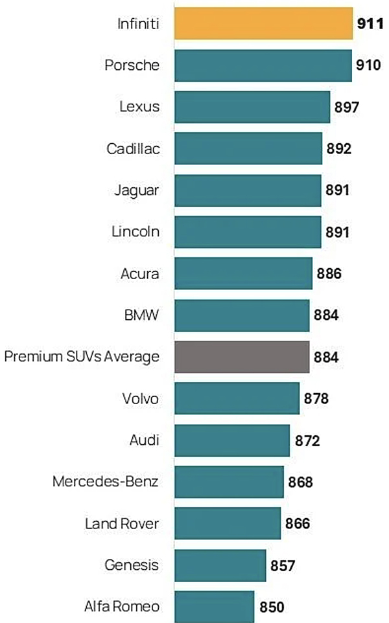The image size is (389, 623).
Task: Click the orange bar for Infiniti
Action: pyautogui.click(x=263, y=24)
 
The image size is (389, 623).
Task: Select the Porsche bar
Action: pyautogui.click(x=263, y=65)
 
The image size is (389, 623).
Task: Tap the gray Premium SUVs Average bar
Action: pyautogui.click(x=241, y=356)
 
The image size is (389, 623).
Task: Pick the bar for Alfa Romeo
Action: pyautogui.click(x=214, y=606)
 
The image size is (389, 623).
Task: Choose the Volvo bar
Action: pyautogui.click(x=237, y=398)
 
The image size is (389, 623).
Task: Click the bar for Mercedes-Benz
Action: pyautogui.click(x=229, y=481)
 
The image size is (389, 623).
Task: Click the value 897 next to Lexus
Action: pyautogui.click(x=347, y=108)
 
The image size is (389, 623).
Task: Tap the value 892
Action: pyautogui.click(x=339, y=149)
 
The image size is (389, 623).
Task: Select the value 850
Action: pyautogui.click(x=272, y=607)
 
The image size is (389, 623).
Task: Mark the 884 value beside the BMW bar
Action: pyautogui.click(x=326, y=315)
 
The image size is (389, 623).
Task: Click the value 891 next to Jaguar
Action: pyautogui.click(x=338, y=190)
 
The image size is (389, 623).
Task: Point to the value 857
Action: pyautogui.click(x=283, y=565)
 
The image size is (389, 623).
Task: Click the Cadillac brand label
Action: pyautogui.click(x=133, y=149)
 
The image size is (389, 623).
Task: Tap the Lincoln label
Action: pyautogui.click(x=136, y=231)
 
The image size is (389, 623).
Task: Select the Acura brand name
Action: pyautogui.click(x=140, y=273)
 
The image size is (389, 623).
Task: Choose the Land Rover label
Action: pyautogui.click(x=122, y=523)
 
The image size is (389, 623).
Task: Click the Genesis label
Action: pyautogui.click(x=132, y=565)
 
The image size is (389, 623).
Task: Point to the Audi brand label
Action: pyautogui.click(x=144, y=440)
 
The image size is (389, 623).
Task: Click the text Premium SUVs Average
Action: pyautogui.click(x=82, y=357)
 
